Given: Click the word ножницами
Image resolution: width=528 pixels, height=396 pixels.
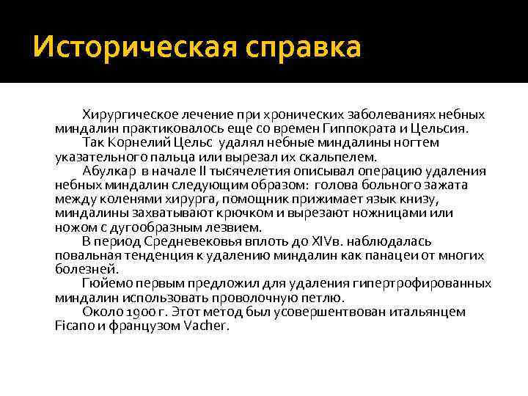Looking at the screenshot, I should pyautogui.click(x=397, y=213).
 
